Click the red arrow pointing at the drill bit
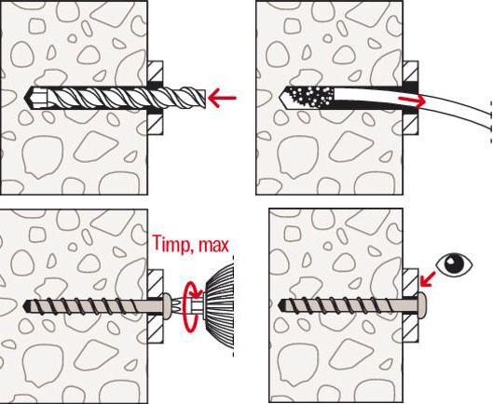click(x=222, y=98)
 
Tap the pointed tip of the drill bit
click(x=24, y=98)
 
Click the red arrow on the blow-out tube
click(x=412, y=101)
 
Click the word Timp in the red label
click(x=170, y=245)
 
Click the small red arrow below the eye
click(x=428, y=279)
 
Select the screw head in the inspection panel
click(x=422, y=305)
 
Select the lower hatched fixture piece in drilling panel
click(x=156, y=122)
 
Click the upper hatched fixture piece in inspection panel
click(x=411, y=282)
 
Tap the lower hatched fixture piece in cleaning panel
click(x=411, y=122)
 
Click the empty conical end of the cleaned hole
click(x=285, y=98)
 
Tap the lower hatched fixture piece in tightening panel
click(x=156, y=329)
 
